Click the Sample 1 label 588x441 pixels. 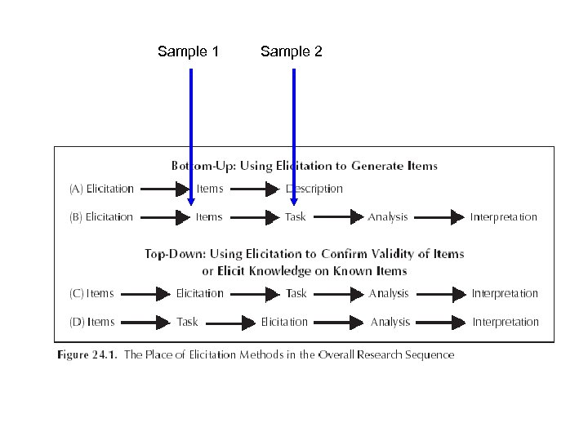coord(188,52)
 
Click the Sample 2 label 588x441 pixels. coord(292,52)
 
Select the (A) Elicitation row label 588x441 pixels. coord(100,189)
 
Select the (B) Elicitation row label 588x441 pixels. coord(100,216)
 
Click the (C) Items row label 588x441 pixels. coord(91,293)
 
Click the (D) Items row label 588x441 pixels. coord(91,322)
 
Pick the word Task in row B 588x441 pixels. coord(296,216)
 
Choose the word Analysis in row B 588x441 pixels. coord(388,216)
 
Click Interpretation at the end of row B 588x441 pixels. coord(504,216)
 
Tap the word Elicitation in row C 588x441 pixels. coord(200,293)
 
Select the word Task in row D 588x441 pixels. coord(187,322)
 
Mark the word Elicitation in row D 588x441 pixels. coord(284,322)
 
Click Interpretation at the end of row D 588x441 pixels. coord(506,322)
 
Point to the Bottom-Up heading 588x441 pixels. coord(304,166)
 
